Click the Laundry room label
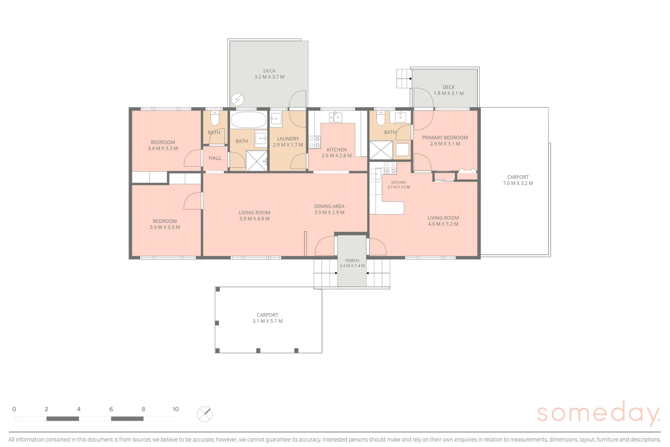(x=288, y=139)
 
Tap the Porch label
(x=352, y=260)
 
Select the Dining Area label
(x=329, y=206)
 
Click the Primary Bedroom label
(x=445, y=138)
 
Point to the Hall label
(x=215, y=158)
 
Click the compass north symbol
(x=205, y=414)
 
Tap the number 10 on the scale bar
(x=176, y=409)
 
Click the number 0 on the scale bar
(x=14, y=409)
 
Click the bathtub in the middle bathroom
(x=249, y=120)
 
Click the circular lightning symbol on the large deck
(x=237, y=99)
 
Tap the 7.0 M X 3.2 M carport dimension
(x=518, y=183)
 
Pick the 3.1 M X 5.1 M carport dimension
(x=268, y=321)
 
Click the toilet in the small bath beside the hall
(x=215, y=118)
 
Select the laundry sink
(x=276, y=118)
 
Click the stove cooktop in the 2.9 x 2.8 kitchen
(x=314, y=142)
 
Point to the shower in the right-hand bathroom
(x=381, y=150)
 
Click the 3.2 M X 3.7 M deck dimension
(x=269, y=77)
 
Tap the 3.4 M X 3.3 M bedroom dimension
(x=163, y=149)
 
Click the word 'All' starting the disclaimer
(x=11, y=440)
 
